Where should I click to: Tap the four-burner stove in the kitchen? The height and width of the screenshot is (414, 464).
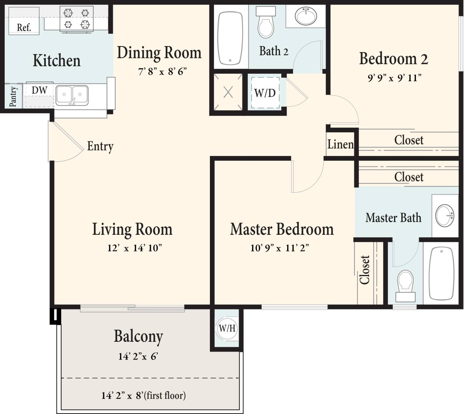tap(76, 19)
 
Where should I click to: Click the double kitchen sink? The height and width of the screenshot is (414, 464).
tap(72, 95)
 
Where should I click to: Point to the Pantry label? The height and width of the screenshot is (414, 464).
tap(13, 97)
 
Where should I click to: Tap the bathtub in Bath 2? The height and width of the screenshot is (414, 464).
tap(230, 38)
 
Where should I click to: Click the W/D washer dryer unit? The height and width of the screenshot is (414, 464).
tap(265, 93)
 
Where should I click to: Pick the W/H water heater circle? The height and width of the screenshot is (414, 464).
tap(227, 328)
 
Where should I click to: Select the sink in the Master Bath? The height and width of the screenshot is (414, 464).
tap(444, 216)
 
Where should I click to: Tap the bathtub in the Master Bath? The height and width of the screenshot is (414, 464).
tap(441, 274)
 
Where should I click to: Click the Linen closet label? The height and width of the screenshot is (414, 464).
tap(340, 144)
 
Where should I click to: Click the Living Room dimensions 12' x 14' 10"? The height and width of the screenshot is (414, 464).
tap(134, 248)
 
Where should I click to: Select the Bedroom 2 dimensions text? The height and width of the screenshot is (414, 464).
tap(394, 78)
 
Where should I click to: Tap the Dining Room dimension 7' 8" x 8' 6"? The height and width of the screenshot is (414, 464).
tap(162, 71)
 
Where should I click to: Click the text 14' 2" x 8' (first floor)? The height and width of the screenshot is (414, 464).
tap(144, 395)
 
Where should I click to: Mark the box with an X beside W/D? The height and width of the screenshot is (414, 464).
tap(228, 92)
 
